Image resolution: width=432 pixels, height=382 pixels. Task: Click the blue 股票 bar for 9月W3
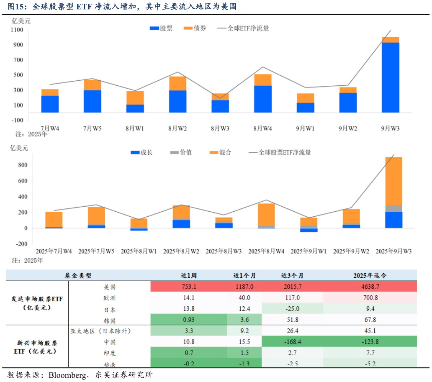[390, 77]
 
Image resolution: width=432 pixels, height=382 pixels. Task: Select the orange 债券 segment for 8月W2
[177, 83]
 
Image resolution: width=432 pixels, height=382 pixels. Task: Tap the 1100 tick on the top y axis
[17, 30]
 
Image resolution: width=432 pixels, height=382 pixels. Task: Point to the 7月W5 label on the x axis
[92, 128]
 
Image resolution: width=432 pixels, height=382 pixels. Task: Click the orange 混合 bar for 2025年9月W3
[393, 181]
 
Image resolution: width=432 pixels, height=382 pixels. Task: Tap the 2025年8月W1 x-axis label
[139, 251]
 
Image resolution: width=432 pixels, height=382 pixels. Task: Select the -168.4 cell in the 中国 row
[292, 342]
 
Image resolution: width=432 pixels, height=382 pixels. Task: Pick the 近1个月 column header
[244, 276]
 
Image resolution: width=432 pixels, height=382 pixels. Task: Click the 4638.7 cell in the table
[370, 287]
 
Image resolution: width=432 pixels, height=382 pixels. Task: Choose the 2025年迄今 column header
[370, 276]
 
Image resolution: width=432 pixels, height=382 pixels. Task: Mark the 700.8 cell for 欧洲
[370, 298]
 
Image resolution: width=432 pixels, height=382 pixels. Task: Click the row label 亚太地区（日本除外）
[100, 331]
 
